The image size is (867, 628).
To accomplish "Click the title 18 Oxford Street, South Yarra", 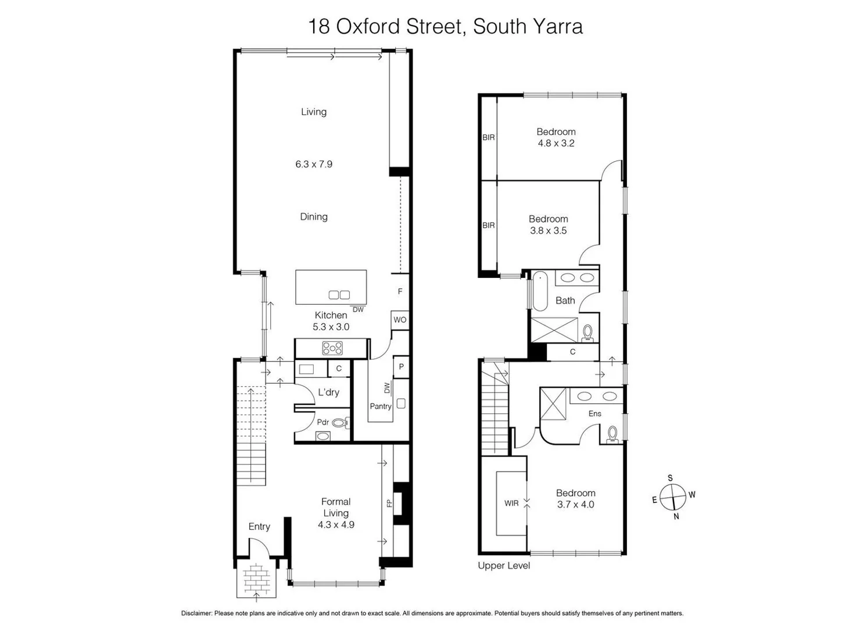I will click(445, 27).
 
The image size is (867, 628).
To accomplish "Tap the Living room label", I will click(314, 112).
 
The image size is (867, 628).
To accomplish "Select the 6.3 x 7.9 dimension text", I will click(314, 164).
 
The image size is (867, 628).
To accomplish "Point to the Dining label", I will click(314, 216).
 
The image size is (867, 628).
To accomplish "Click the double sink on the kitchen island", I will click(339, 295).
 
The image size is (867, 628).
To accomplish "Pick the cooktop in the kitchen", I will click(332, 348).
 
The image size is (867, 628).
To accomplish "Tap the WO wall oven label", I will click(400, 320).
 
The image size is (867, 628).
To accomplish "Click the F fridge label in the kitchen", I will click(400, 291).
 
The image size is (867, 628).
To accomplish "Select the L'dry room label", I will click(328, 392).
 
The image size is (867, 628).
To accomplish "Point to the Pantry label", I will click(381, 406).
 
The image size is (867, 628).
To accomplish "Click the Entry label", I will click(259, 526).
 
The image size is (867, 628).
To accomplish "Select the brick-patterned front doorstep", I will click(256, 579).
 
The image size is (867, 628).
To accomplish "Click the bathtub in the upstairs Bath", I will click(540, 292).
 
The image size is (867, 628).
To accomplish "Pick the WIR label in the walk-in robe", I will click(511, 503).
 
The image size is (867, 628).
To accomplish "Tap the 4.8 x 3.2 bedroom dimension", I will click(556, 143).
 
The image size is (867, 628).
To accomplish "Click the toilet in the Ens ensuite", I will click(612, 434).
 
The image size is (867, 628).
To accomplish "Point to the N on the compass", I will click(676, 516).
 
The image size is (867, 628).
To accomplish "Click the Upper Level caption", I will click(504, 565).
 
